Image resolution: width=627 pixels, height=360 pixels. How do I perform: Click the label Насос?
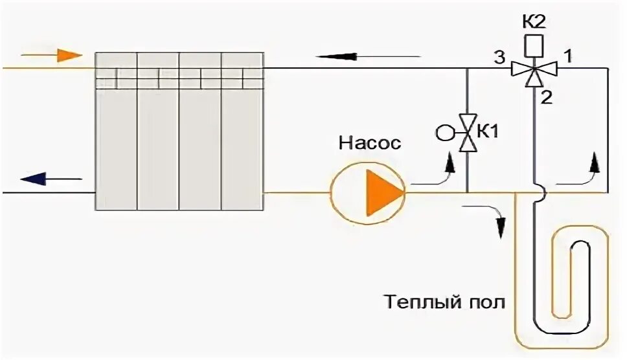(369, 142)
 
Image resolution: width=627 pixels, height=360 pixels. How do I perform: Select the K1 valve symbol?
(468, 133)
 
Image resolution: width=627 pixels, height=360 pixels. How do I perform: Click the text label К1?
(490, 132)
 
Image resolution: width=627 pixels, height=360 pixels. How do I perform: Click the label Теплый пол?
(444, 302)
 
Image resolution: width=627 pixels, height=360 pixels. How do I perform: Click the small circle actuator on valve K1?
(445, 133)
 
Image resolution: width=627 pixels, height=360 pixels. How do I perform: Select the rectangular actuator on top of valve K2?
(532, 44)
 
